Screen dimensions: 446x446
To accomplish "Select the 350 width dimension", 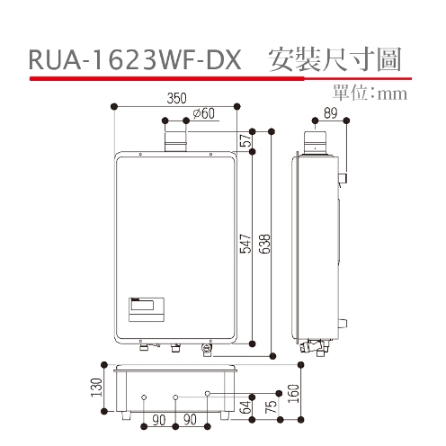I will (x=177, y=98).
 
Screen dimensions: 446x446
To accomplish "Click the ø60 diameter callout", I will (x=203, y=113).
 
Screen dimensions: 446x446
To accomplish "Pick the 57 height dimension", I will (x=244, y=140).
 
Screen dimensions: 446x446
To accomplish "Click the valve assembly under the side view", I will (x=320, y=345).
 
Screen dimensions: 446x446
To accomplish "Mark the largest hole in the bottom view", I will (x=209, y=394).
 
